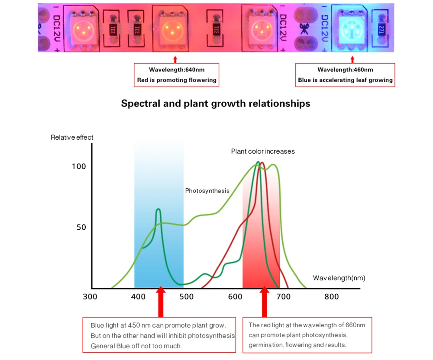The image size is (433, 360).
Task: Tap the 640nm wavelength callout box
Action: click(x=176, y=75)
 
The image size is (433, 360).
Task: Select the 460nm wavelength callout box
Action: click(x=345, y=75)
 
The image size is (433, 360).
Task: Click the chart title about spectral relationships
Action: click(x=216, y=104)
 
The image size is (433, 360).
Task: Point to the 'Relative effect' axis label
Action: click(x=72, y=138)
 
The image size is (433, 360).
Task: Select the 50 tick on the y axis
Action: click(x=81, y=228)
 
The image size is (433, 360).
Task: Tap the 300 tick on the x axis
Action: click(x=90, y=297)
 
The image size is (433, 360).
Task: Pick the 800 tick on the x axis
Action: click(x=332, y=297)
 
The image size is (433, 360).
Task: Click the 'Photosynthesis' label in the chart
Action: click(x=207, y=191)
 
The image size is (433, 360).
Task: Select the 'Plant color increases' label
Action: click(x=263, y=151)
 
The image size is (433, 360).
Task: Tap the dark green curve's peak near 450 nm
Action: click(x=158, y=210)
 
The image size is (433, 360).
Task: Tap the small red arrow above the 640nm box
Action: click(x=175, y=59)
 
